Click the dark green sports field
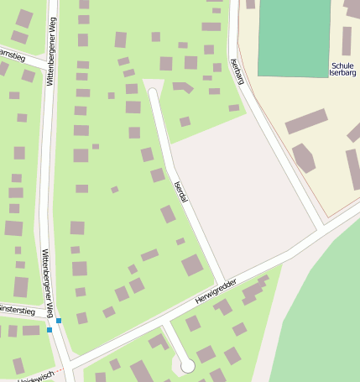pos(294,37)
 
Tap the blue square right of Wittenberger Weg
pos(59,321)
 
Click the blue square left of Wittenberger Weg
pos(50,330)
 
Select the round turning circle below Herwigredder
pos(187,365)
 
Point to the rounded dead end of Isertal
pos(151,86)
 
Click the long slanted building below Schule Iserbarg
pos(305,121)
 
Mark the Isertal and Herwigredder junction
pos(222,283)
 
